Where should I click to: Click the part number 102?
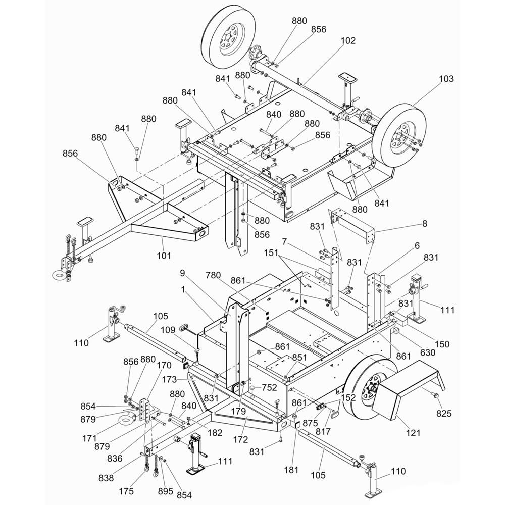click(348, 41)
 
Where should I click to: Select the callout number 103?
click(446, 79)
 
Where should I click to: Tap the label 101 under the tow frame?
click(164, 256)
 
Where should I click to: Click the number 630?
click(427, 352)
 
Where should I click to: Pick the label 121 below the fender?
click(412, 433)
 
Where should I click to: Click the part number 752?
click(270, 388)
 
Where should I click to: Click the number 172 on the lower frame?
click(240, 439)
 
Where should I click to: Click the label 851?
click(299, 357)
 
